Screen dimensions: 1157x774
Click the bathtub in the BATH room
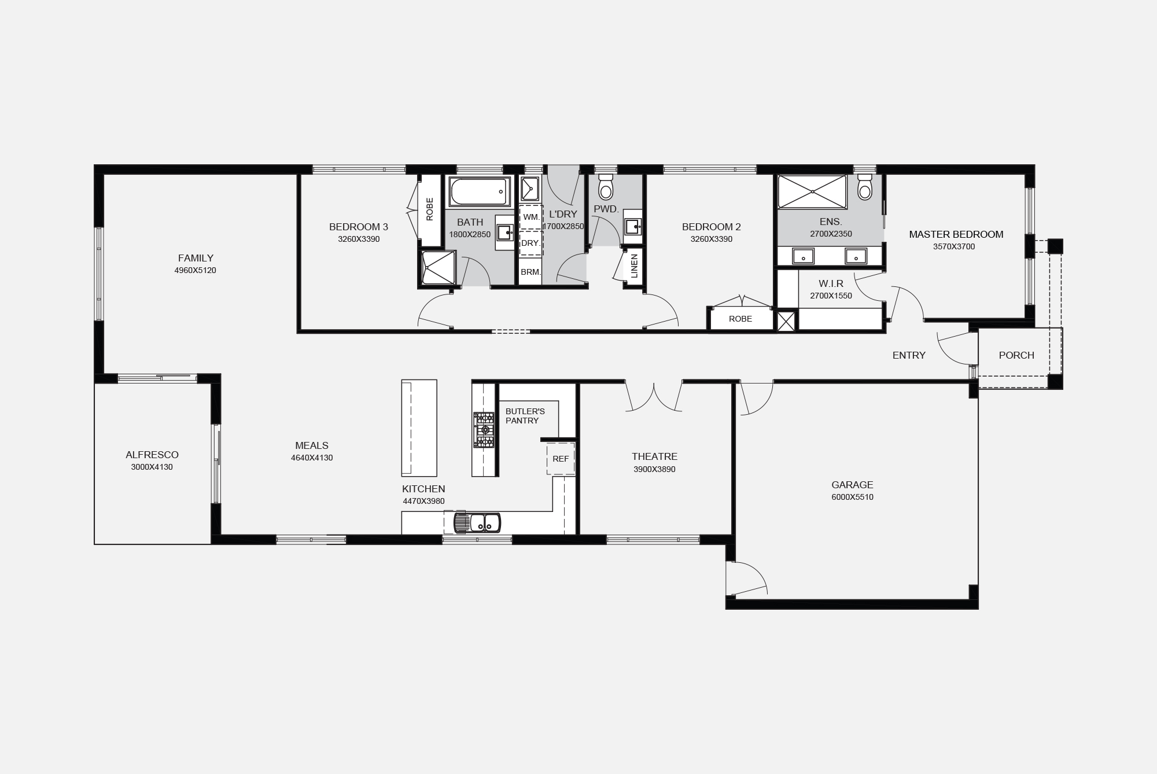480,191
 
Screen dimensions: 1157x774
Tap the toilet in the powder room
606,187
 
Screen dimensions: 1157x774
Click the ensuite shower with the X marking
812,191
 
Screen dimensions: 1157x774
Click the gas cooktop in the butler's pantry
484,430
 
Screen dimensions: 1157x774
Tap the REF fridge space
561,459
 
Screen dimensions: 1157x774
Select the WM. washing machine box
531,217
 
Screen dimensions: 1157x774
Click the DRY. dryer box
531,243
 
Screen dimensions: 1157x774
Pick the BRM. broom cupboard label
530,272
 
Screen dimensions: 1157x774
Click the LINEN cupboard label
634,266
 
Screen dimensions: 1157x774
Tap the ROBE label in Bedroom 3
429,209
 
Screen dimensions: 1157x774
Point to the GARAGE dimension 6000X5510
852,497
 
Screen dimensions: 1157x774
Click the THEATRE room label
654,456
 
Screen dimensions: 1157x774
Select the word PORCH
1016,355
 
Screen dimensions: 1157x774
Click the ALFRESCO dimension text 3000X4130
152,467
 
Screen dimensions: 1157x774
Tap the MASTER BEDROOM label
956,234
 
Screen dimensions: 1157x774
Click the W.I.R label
831,283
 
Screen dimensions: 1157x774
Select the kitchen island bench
419,428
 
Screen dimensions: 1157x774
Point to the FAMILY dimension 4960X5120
196,270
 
